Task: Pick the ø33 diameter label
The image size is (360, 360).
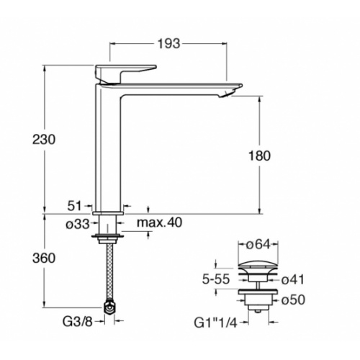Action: (x=77, y=224)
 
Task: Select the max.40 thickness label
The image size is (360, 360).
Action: (x=159, y=223)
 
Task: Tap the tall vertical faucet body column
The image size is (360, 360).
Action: (x=109, y=151)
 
